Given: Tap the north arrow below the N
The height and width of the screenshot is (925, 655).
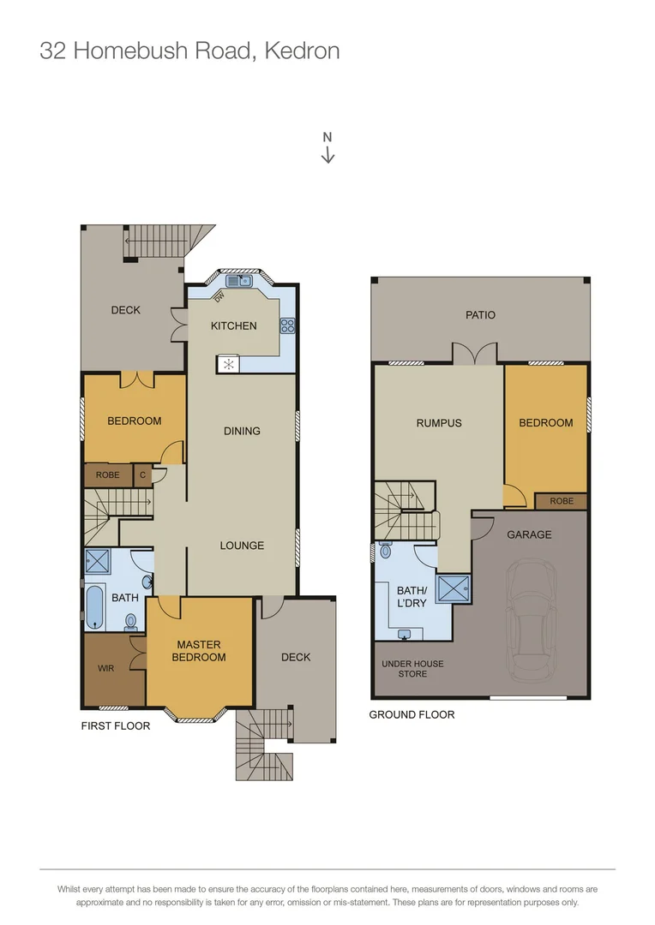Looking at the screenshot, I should pos(327,155).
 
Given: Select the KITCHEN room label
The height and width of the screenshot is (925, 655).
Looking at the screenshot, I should pos(233,325).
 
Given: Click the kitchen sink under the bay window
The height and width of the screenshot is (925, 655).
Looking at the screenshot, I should pos(238,280).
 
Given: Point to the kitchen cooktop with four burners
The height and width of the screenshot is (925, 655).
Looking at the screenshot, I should pos(288,325).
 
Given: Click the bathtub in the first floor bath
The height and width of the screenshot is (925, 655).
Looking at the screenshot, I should pos(94,607).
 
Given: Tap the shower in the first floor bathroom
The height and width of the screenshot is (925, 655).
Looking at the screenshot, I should pos(99,562).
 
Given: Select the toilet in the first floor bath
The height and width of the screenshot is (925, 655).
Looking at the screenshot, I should pos(130,620).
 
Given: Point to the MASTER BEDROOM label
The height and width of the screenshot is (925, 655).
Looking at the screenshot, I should pos(199,651).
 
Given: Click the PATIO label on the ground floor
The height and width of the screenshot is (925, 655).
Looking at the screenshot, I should pos(480,314).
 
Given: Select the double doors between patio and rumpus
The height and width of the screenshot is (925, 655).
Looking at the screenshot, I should pos(475,354).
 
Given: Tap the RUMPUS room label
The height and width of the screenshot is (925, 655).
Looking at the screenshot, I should pos(439,422).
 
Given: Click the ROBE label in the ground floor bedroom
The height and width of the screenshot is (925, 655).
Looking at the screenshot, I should pos(562,501).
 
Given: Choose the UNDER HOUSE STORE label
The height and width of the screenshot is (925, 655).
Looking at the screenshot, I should pos(412,669).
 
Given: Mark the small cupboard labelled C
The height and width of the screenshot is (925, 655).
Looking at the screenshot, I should pos(142,474).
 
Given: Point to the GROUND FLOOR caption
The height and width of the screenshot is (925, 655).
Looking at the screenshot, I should pos(412,714).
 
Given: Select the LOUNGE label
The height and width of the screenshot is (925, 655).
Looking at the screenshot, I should pos(242,546).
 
